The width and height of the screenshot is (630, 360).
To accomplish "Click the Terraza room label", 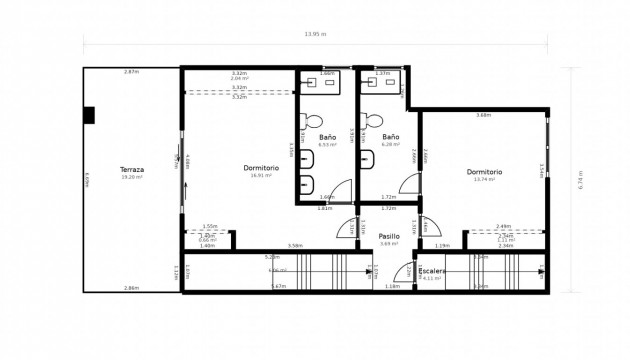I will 132,169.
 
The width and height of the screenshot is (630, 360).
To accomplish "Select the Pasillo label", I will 389,236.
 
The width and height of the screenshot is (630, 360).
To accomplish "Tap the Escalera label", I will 431,270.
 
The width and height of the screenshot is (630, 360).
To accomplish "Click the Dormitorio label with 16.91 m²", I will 261,167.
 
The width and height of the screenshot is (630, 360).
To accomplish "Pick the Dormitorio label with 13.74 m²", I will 484,171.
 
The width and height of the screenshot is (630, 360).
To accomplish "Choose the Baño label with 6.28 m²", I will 390,137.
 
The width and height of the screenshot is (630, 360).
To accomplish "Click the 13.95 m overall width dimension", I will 316,35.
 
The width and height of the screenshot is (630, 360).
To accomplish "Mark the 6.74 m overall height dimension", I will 579,181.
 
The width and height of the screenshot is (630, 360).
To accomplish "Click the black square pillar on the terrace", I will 89,115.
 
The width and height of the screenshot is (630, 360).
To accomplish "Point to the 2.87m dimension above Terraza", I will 131,72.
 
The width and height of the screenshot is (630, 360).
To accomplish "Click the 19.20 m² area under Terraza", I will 132,177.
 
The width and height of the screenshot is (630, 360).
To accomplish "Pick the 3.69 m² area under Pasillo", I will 389,244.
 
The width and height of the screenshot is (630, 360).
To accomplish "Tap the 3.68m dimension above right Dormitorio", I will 483,115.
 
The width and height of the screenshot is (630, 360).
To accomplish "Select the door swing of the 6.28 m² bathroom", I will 409,186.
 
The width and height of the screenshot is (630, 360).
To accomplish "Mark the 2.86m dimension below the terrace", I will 131,288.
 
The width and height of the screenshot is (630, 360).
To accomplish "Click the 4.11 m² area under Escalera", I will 431,278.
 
